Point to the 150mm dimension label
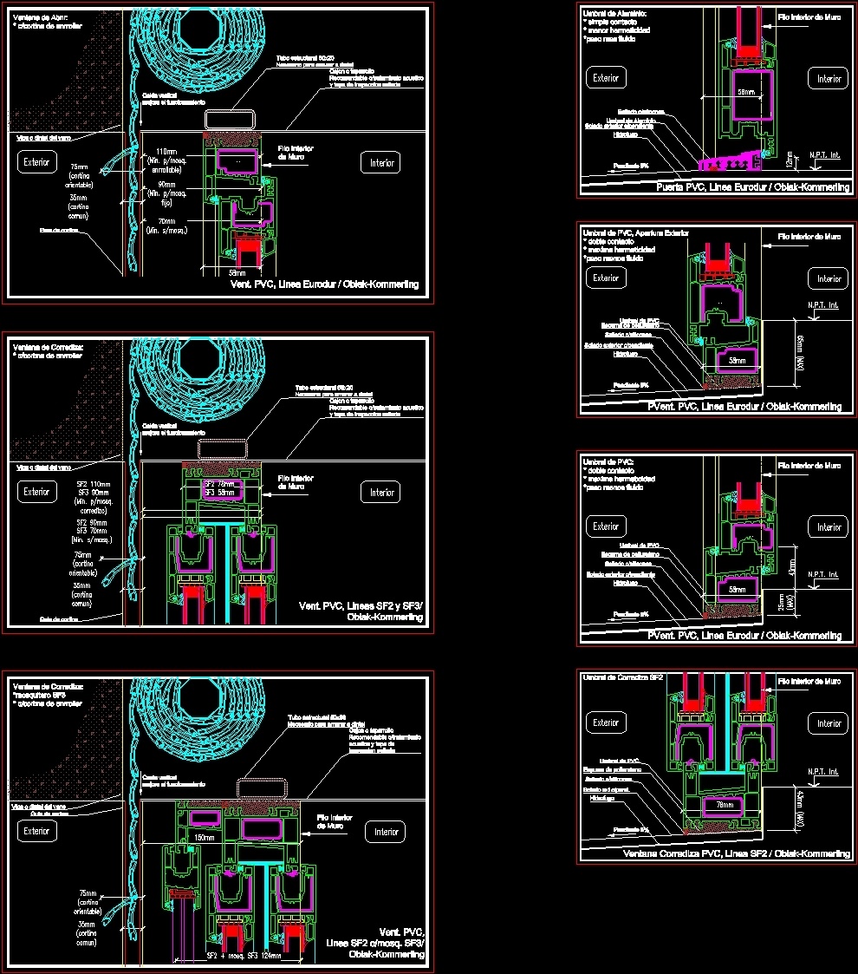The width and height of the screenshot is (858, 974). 205,838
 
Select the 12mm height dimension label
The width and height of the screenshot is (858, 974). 789,160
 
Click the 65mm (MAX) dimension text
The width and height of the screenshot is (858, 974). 800,351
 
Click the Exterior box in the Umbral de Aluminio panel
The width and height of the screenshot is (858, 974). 606,78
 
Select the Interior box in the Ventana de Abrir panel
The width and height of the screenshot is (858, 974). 382,162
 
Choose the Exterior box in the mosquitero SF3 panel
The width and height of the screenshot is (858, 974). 36,830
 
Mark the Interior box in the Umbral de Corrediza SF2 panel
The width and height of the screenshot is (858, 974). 829,722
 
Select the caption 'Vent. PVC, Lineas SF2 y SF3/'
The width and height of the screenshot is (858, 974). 361,605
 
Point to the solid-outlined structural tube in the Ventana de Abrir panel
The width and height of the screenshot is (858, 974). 231,119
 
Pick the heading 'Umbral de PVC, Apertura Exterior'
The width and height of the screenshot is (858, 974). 635,233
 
